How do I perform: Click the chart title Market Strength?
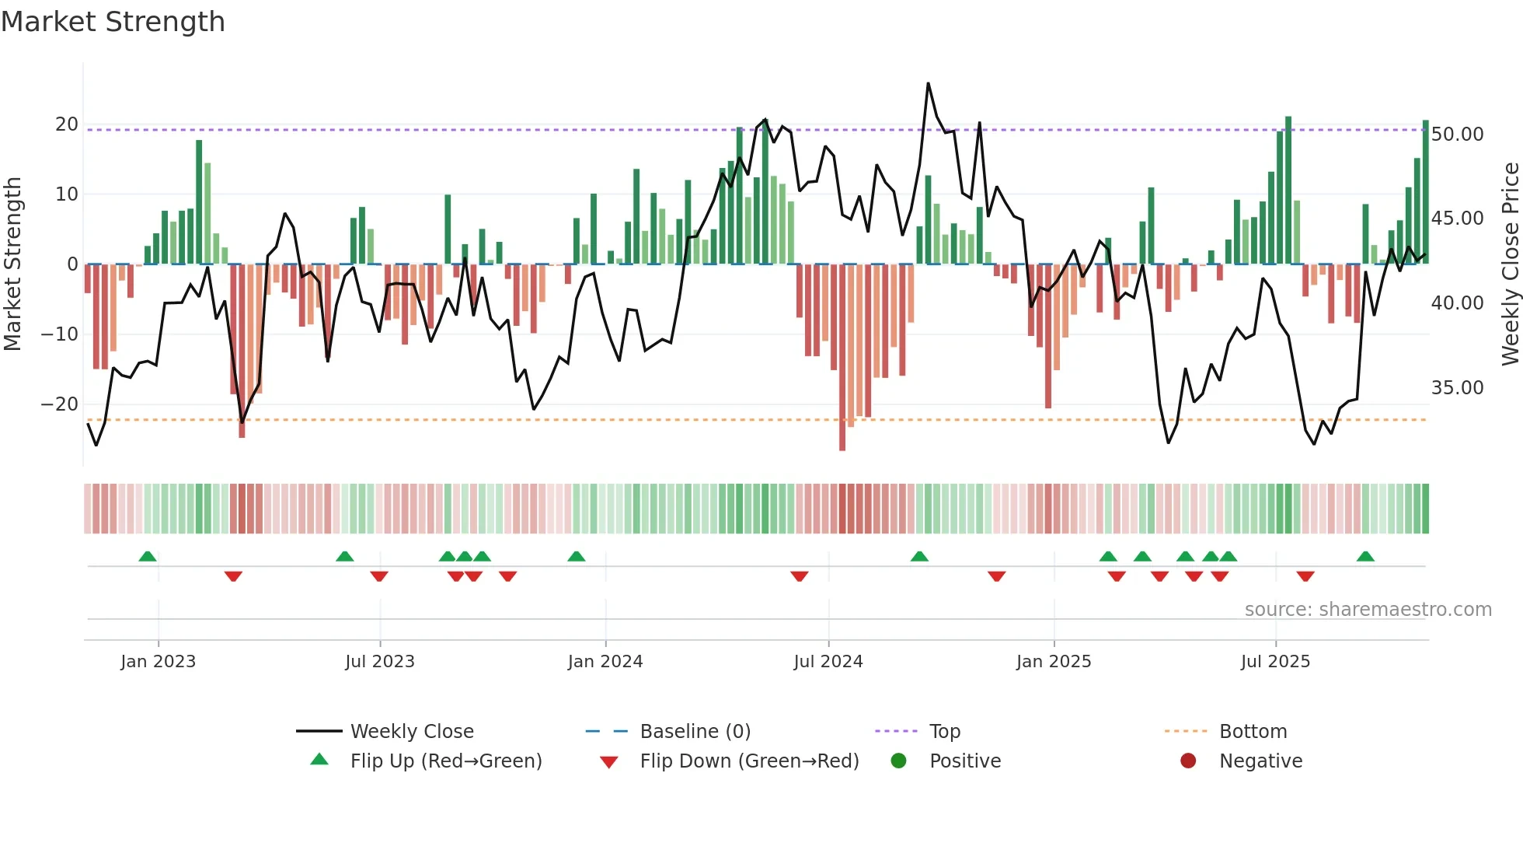point(113,22)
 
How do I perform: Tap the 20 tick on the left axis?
point(67,124)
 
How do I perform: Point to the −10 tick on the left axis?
point(60,334)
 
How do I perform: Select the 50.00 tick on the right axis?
point(1457,135)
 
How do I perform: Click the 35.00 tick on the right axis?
point(1457,388)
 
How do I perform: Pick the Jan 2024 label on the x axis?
point(605,662)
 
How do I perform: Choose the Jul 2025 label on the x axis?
point(1275,662)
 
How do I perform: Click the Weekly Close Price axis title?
point(1510,264)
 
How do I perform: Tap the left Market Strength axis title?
point(12,264)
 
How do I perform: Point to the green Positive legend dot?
point(898,761)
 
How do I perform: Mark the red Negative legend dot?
point(1188,761)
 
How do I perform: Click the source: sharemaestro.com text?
point(1368,610)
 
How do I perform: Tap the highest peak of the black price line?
point(928,83)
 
